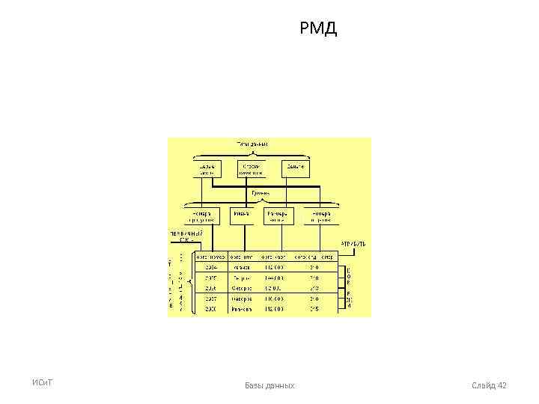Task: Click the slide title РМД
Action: click(319, 30)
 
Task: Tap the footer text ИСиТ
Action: click(41, 384)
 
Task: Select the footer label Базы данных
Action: click(269, 385)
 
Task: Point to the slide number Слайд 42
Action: click(490, 385)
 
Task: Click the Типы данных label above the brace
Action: click(252, 143)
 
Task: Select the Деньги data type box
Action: click(296, 168)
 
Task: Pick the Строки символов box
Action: click(252, 168)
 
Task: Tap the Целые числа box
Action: click(207, 168)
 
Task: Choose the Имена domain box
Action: click(240, 215)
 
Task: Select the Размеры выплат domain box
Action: click(278, 215)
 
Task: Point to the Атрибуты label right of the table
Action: click(353, 244)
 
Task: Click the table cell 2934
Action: click(211, 267)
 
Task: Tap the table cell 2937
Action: click(211, 297)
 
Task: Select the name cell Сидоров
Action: click(241, 287)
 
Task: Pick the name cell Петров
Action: click(241, 277)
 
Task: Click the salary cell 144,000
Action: click(273, 277)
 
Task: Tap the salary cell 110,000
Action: click(273, 297)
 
